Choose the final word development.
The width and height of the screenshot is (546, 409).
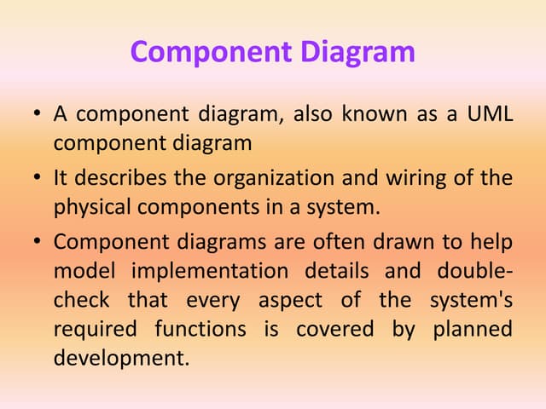pos(120,358)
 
